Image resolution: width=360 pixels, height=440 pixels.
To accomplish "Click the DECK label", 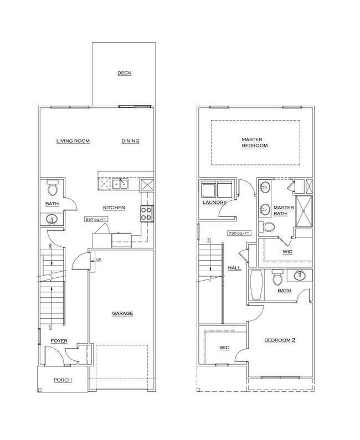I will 124,73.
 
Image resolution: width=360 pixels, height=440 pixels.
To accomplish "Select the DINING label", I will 130,141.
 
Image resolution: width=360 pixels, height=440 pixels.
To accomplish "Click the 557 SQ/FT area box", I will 95,219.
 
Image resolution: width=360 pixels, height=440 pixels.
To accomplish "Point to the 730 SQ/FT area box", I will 239,234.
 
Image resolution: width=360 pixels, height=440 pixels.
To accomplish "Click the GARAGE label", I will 122,313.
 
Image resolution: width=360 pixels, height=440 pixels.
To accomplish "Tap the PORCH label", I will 62,380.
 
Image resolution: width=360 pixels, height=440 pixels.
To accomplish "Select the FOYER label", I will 59,341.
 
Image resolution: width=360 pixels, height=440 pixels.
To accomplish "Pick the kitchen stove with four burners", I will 147,213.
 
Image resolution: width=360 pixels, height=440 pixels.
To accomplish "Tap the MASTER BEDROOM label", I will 254,142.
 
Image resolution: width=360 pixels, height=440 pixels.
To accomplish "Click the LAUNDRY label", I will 214,203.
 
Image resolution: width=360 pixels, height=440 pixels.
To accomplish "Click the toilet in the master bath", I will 270,226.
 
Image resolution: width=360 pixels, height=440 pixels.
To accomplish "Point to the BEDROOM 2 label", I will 279,340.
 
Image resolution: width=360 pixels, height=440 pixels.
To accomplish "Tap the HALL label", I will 234,268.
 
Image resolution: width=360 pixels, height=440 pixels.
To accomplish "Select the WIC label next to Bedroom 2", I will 224,348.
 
